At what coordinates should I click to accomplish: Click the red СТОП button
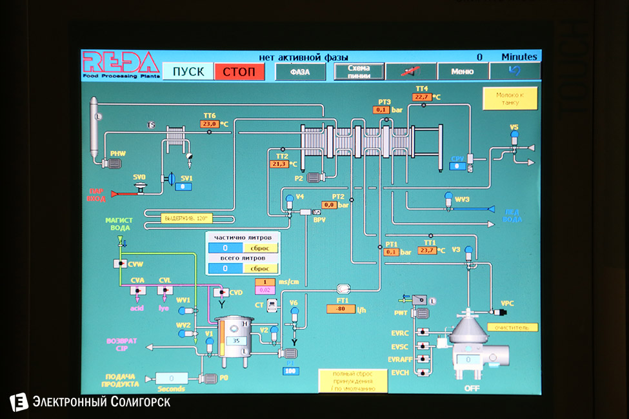239,72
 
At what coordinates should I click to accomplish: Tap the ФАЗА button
300,72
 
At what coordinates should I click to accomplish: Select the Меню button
462,72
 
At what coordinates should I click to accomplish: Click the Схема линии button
359,72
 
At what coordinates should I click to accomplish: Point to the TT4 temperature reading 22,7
423,97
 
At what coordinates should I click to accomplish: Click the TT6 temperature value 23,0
210,124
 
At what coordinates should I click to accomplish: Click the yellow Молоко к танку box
510,99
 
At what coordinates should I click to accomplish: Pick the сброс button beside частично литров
260,248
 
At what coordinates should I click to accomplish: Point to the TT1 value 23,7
426,251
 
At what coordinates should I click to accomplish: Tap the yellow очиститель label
512,327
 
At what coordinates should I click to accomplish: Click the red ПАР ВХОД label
96,195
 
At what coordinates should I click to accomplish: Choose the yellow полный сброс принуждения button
352,381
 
